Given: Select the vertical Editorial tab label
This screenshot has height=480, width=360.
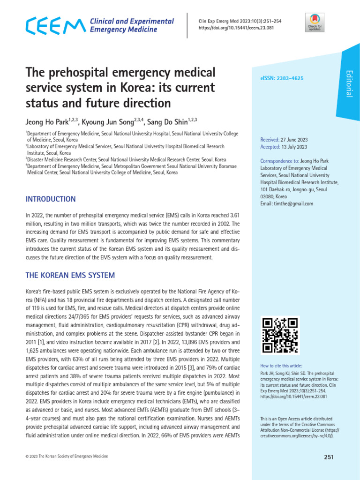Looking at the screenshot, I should point(348,83).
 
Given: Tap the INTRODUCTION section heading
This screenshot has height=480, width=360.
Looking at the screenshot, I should point(51,199).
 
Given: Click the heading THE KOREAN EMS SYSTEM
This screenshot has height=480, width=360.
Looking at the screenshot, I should point(70,275).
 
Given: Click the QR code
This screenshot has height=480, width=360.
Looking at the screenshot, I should point(280,335).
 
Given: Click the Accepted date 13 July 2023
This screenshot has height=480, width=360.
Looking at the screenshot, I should point(293,147).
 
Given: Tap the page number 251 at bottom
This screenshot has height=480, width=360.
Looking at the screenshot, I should point(328,457).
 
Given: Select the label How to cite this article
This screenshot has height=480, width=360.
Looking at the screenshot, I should point(281,366).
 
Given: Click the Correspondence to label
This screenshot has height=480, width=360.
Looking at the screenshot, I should point(279,161).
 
